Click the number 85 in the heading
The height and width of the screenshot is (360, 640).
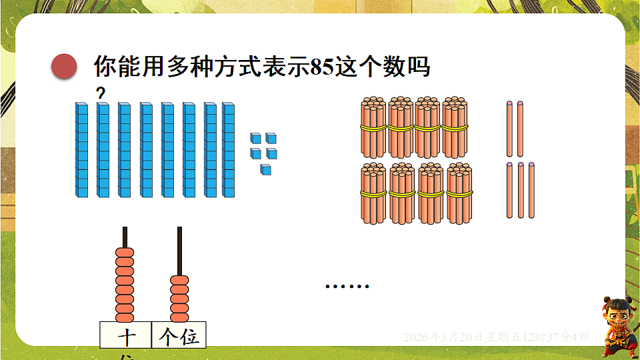point(323,67)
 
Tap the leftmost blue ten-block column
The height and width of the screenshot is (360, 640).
point(81,150)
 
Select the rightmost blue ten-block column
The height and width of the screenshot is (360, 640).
point(229,150)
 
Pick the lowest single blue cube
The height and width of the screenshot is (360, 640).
point(266,169)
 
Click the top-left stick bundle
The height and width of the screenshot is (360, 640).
point(373,127)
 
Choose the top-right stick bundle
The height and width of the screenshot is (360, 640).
point(455,127)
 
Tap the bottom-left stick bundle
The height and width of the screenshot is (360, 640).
point(373,193)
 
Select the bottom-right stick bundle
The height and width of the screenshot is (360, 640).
point(459,193)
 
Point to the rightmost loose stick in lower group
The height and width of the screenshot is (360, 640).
point(531,190)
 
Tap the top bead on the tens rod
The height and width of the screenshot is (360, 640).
point(125,254)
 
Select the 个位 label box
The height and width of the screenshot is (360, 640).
point(179,335)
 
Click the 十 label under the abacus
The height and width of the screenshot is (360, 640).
point(126,337)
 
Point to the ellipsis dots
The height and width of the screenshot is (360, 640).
point(347,287)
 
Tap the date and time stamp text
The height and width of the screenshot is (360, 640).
point(496,337)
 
